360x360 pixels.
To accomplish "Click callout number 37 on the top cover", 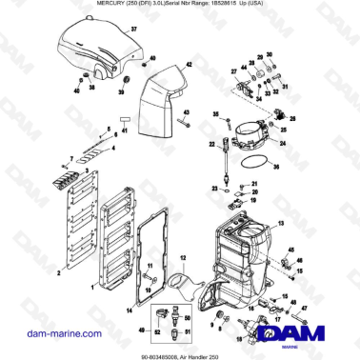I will pyautogui.click(x=134, y=31).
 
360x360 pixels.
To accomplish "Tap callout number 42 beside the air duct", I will pyautogui.click(x=190, y=65).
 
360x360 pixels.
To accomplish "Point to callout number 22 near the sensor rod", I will pyautogui.click(x=212, y=145).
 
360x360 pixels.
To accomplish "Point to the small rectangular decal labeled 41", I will pyautogui.click(x=122, y=121).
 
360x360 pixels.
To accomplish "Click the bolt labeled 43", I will pyautogui.click(x=180, y=123).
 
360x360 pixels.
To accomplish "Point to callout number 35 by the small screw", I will pyautogui.click(x=216, y=115).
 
